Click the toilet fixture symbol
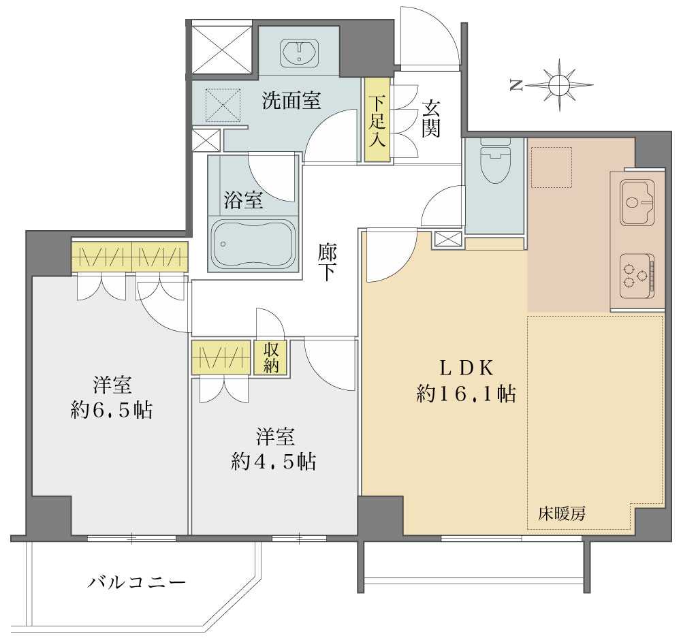click(x=494, y=161)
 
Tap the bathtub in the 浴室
click(x=254, y=244)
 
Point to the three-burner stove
click(x=637, y=275)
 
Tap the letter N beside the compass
click(x=516, y=86)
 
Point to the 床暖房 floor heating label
click(x=562, y=514)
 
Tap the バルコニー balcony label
click(x=136, y=581)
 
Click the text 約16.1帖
click(x=466, y=394)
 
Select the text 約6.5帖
click(x=112, y=409)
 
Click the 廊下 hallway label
click(x=327, y=262)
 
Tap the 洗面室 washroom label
click(x=291, y=101)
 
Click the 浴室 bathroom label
click(x=243, y=200)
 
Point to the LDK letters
click(x=466, y=368)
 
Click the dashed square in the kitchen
click(x=552, y=168)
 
